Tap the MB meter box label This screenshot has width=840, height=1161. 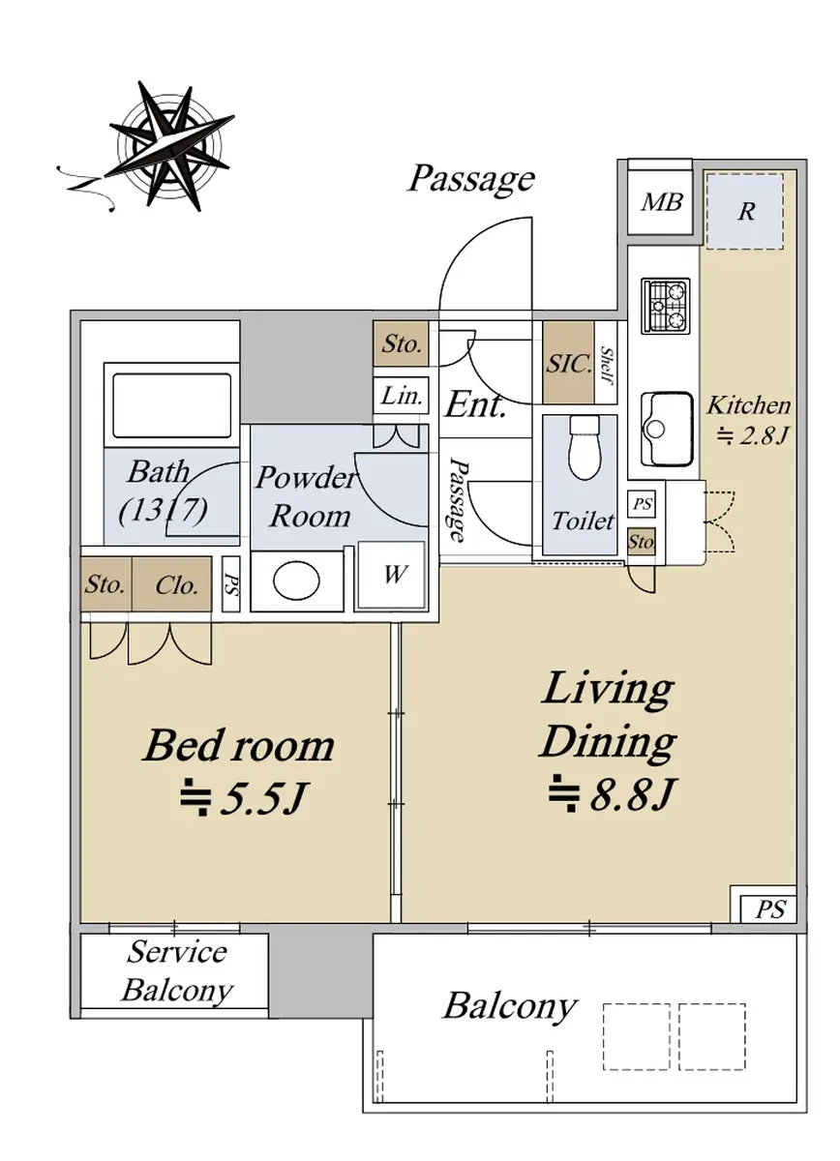click(x=662, y=202)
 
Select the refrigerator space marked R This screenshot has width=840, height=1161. click(x=744, y=211)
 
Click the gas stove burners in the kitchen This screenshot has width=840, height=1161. click(x=666, y=306)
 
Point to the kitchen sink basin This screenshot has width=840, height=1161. click(x=667, y=430)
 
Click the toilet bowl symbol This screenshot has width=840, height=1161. click(x=585, y=447)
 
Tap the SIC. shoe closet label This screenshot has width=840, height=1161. click(x=569, y=364)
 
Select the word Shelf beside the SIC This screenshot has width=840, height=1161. click(x=606, y=366)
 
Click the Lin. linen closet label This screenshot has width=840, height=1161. click(x=401, y=397)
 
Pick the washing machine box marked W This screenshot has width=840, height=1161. click(x=392, y=576)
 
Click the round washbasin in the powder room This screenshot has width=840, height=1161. click(x=296, y=581)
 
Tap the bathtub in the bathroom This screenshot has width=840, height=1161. click(x=171, y=405)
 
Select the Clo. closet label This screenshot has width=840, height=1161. click(x=176, y=585)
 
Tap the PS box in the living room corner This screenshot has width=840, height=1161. click(x=769, y=908)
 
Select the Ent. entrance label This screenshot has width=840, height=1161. click(x=475, y=404)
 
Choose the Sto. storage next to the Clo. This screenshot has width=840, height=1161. click(x=105, y=585)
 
